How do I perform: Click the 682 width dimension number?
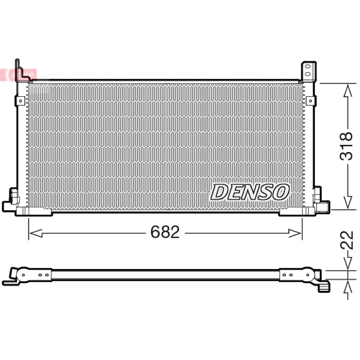coord(165,232)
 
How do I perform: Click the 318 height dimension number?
coord(346,146)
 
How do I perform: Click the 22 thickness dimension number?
coord(346,240)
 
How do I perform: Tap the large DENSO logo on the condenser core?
coord(250,192)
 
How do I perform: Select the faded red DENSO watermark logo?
coord(18,75)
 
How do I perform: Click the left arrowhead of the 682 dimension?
coord(36,233)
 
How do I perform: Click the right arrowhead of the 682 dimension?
coord(295,233)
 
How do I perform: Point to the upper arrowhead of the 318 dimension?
coord(348,90)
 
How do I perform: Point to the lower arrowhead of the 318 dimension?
coord(348,202)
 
